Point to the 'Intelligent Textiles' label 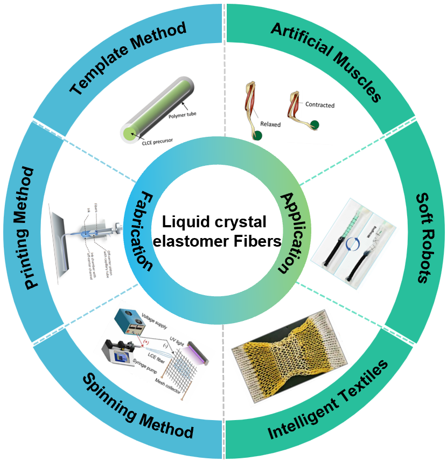(329, 404)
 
